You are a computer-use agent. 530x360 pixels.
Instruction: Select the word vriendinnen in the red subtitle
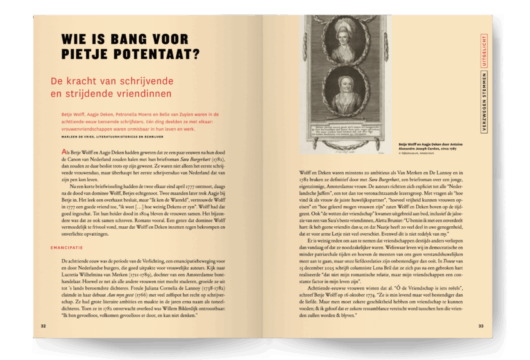pos(139,94)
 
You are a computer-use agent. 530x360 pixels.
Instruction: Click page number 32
pos(43,326)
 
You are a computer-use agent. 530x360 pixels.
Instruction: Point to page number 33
pos(481,326)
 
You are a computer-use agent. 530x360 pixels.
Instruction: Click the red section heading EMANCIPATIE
pos(67,247)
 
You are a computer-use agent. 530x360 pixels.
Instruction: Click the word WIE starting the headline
pos(72,39)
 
